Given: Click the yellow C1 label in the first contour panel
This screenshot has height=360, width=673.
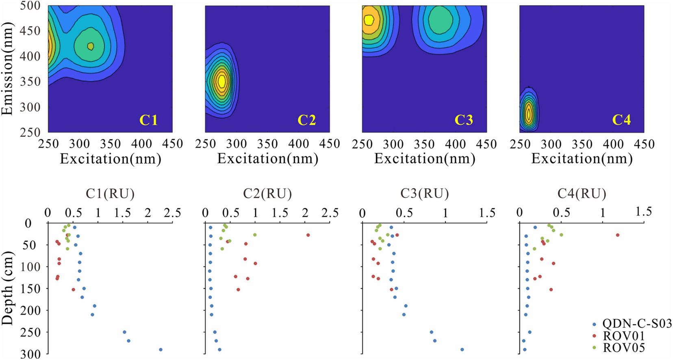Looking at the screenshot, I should coord(148,120).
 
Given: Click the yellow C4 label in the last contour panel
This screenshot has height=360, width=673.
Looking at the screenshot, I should coord(621,120).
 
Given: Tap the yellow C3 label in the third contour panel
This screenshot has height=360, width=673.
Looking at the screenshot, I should coord(464,120).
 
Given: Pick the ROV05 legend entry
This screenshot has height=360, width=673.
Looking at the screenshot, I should coord(624,348).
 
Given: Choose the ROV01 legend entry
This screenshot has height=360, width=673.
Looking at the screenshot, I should coord(624,336).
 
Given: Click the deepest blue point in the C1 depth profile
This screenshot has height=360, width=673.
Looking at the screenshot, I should coord(161,349).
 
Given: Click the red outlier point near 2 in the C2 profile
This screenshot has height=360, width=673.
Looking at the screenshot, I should coord(308,235).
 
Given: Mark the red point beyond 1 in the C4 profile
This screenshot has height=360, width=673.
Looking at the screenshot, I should coord(618,235).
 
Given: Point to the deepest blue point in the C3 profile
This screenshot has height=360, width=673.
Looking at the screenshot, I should coord(462,349).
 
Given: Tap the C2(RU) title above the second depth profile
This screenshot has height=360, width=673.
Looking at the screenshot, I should coord(267,194).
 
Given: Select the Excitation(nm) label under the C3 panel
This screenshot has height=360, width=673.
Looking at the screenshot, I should coord(425,159).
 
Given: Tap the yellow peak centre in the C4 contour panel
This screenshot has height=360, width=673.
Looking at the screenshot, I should coord(529,115).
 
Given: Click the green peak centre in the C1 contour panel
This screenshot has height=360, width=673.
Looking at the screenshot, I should coord(90,46).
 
